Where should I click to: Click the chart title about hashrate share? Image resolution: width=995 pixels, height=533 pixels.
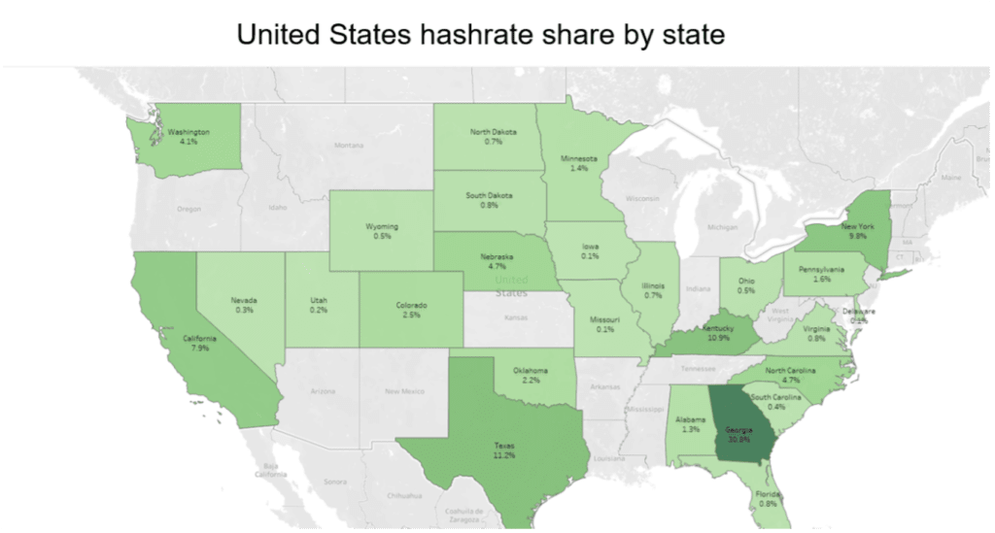click(481, 35)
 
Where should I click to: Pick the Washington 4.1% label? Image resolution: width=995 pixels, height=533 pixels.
click(189, 136)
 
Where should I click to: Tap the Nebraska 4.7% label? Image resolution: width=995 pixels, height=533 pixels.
click(497, 261)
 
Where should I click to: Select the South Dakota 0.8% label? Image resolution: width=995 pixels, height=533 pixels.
click(489, 200)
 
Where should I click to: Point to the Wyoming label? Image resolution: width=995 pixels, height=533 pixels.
click(382, 230)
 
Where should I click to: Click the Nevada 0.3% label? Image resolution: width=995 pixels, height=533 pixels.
click(244, 305)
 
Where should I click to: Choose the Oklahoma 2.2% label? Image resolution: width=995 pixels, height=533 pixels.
click(530, 374)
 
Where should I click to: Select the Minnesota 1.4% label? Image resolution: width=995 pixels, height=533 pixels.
click(578, 163)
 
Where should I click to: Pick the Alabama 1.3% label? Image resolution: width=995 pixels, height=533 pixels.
click(690, 423)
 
